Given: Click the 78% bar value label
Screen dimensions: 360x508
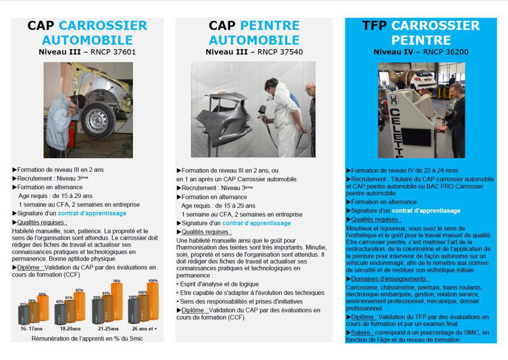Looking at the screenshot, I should (x=116, y=281).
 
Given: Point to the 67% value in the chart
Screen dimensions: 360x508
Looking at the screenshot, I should (x=79, y=290).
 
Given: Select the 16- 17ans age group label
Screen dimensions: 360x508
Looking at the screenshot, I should (x=32, y=329).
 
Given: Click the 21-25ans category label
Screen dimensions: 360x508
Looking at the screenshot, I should (x=108, y=329).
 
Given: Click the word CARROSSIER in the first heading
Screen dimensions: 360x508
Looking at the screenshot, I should (x=103, y=25).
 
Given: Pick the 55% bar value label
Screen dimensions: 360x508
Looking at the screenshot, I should (x=42, y=294).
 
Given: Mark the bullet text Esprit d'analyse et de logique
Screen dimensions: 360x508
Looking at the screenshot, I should (x=219, y=284).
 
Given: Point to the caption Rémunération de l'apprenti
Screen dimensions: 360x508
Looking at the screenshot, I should (x=87, y=338).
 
